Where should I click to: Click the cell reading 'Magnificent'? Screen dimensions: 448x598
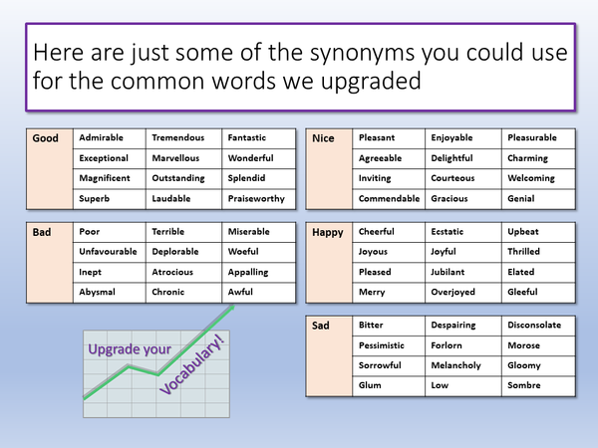pos(105,178)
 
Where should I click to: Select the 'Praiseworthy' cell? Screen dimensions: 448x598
pos(256,198)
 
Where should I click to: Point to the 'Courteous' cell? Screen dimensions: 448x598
pos(452,178)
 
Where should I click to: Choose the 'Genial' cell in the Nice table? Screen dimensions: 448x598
pos(522,198)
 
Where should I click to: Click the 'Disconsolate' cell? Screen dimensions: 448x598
pos(534,326)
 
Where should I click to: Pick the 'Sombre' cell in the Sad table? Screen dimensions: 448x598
pos(524,385)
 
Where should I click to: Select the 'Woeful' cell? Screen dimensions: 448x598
pos(243,252)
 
